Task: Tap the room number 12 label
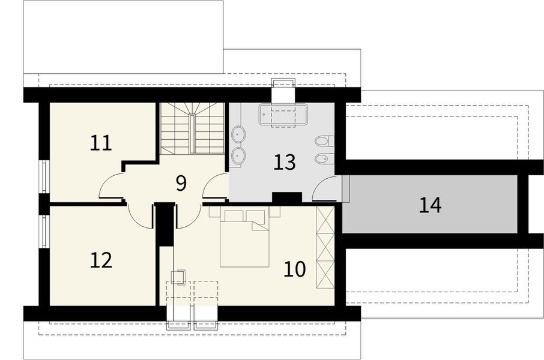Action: point(101,260)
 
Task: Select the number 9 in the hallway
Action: point(181,183)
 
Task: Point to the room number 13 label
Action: point(285,162)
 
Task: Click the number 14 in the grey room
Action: point(431,205)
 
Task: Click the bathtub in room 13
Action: point(283,115)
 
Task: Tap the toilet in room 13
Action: point(323,142)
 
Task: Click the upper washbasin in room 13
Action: point(238,134)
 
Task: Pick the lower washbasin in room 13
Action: point(238,157)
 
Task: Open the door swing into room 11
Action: point(111,186)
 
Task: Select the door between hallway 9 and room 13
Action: point(214,188)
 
